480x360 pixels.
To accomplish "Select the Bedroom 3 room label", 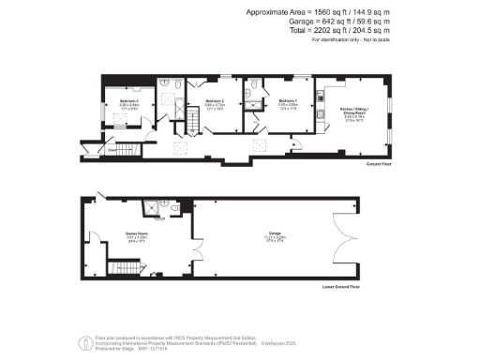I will (x=128, y=100).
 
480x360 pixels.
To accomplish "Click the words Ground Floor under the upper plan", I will (x=378, y=162).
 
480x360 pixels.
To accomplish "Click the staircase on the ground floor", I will (x=192, y=120).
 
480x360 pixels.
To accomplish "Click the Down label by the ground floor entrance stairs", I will (x=112, y=149).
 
